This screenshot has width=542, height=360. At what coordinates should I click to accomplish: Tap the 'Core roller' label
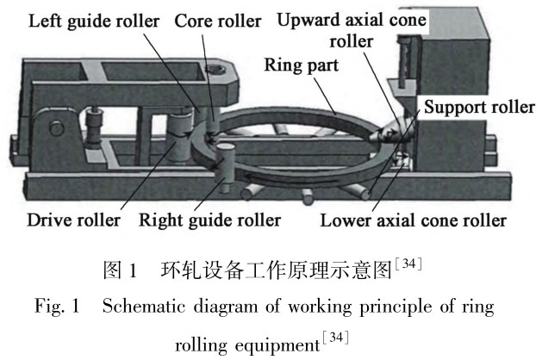point(215,19)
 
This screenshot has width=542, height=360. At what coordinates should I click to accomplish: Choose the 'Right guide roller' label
point(210,220)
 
